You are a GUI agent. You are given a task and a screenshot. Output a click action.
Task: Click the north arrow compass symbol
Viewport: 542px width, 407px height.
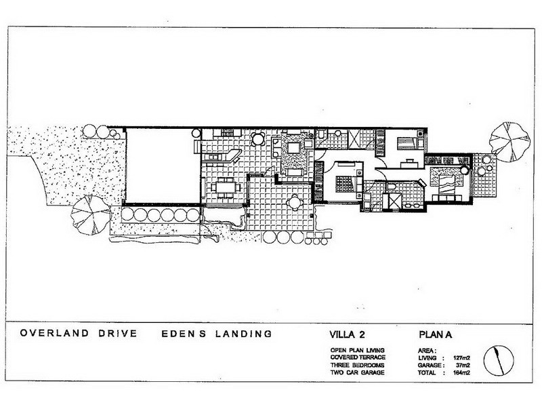pos(499,360)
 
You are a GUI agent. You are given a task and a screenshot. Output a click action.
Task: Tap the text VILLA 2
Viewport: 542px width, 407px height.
pos(347,334)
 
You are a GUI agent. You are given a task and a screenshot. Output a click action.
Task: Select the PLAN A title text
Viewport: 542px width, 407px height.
pos(436,334)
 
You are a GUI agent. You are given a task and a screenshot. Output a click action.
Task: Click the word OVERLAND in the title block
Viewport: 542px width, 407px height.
pos(54,333)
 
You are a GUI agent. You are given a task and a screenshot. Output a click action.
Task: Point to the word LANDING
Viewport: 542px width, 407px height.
pos(243,334)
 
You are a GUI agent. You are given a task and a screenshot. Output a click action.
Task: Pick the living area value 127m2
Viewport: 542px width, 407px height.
pos(461,358)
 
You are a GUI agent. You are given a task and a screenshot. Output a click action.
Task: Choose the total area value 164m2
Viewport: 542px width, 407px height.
pos(461,372)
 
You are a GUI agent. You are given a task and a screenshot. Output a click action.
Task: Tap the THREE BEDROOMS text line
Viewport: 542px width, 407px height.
pos(357,365)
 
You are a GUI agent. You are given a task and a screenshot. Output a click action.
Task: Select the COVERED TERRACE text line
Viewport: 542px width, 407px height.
pos(358,357)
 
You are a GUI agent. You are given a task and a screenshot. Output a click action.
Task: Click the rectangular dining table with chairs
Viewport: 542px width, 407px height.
pos(226,188)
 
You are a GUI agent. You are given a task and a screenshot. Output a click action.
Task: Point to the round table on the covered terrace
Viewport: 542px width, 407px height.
pos(295,202)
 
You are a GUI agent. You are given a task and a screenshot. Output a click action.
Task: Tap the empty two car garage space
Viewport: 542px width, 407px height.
pos(163,166)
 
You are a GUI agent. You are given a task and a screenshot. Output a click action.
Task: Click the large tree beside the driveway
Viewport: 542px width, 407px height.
pos(91,215)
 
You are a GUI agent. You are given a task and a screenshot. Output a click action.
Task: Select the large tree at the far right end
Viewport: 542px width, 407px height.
pos(509,142)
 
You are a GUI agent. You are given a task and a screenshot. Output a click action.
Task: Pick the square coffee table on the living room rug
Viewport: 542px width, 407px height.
pos(293,149)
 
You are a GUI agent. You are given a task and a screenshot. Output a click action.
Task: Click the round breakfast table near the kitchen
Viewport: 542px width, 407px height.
pos(258,139)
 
